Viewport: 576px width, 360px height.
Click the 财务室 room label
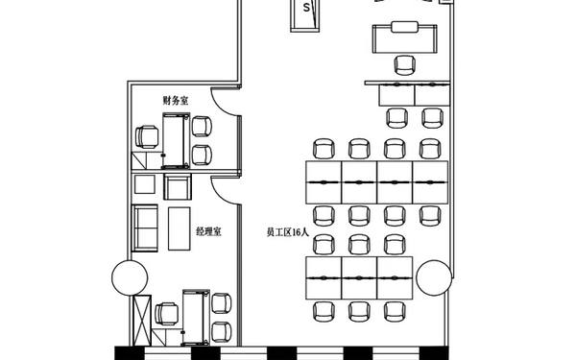(x=176, y=100)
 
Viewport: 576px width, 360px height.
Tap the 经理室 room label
(x=208, y=231)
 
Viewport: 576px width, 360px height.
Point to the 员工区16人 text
(x=288, y=232)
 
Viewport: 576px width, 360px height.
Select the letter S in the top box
(x=306, y=8)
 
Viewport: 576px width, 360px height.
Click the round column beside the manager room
(x=130, y=277)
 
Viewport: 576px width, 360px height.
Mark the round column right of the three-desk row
(x=434, y=277)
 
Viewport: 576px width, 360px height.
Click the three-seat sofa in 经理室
(x=145, y=228)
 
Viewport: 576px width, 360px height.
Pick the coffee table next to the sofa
(x=180, y=228)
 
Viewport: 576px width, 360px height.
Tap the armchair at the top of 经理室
(x=178, y=187)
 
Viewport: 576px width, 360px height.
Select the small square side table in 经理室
(x=144, y=184)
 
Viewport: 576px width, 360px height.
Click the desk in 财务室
(x=176, y=141)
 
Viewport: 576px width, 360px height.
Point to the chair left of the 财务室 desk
(x=147, y=136)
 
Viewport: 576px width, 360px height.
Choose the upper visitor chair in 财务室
(x=202, y=126)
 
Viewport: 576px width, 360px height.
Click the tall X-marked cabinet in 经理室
(x=142, y=321)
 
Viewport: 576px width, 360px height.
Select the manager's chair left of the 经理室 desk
(x=167, y=314)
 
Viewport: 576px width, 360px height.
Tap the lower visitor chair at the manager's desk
(x=222, y=332)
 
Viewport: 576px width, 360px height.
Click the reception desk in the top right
(x=404, y=37)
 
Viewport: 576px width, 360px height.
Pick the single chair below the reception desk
(x=405, y=65)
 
